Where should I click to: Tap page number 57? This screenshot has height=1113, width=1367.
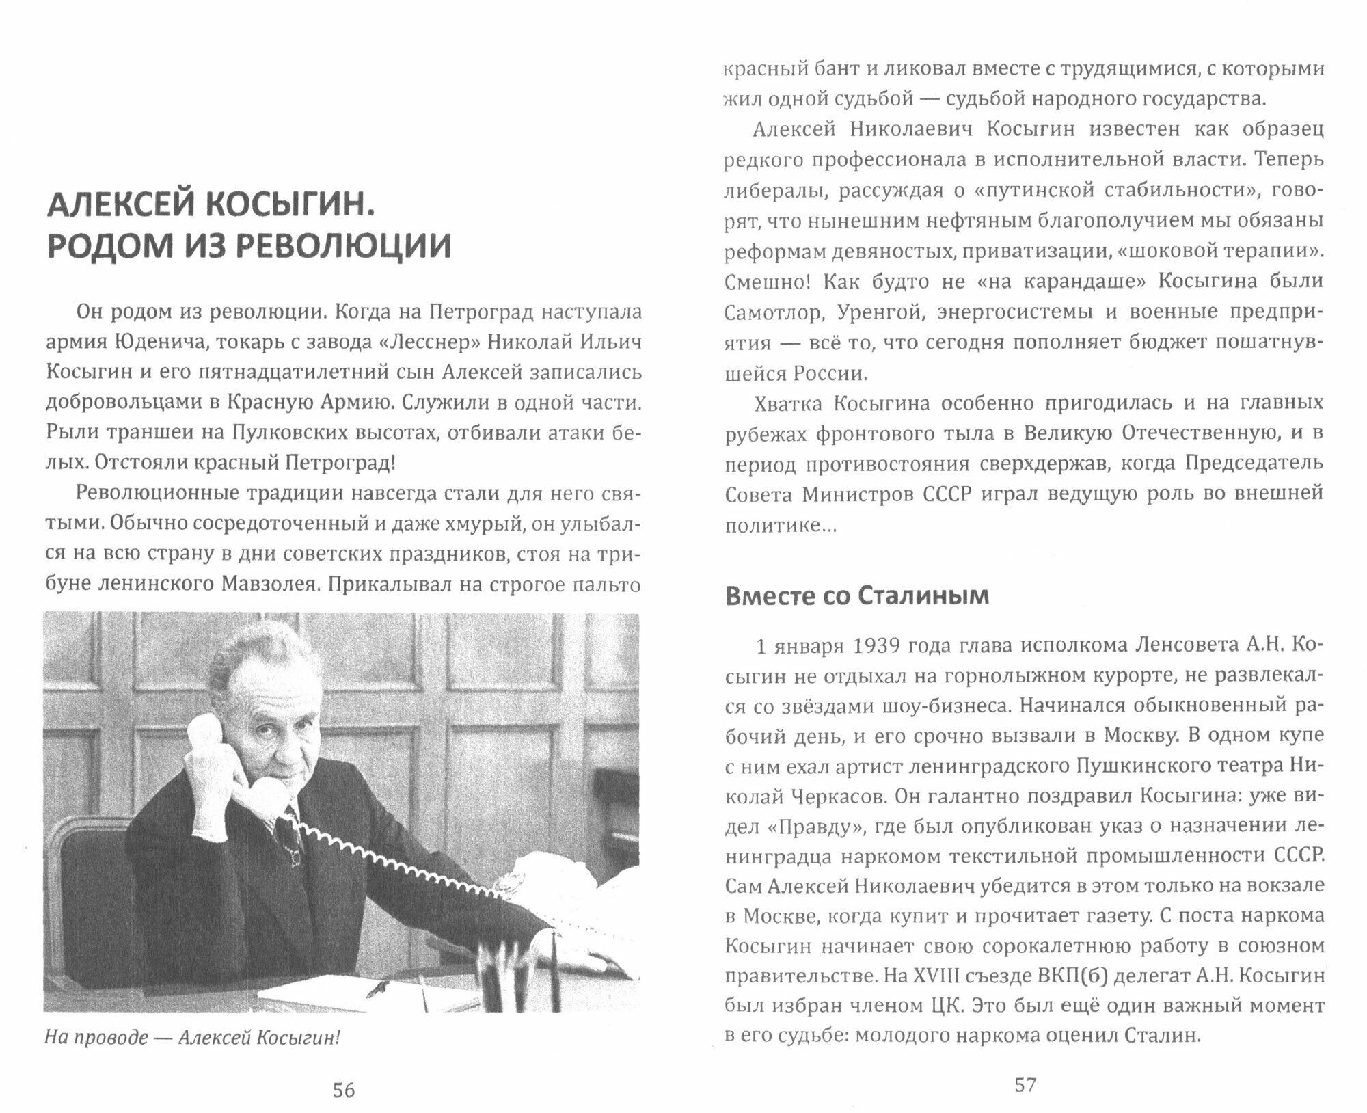pos(1025,1084)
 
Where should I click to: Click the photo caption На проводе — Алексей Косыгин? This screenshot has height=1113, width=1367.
pos(192,1038)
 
